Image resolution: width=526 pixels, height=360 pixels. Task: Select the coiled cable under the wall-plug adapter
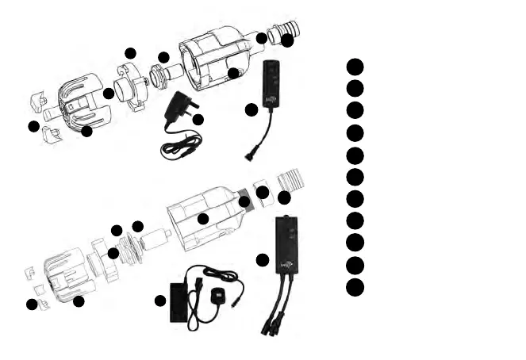181,147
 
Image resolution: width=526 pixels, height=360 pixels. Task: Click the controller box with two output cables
288,244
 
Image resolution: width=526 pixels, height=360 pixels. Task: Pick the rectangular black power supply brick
181,301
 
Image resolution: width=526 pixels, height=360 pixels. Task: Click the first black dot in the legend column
355,66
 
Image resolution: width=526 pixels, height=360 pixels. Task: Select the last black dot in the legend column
355,286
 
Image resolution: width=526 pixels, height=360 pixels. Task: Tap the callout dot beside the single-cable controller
251,109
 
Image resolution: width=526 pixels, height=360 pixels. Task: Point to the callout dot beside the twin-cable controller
263,259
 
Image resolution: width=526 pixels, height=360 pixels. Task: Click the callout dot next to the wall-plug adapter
198,119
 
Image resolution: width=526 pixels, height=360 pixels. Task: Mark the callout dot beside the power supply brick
160,301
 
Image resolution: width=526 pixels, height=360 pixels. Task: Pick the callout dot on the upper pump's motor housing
233,73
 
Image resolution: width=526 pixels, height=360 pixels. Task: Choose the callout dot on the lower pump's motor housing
203,218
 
